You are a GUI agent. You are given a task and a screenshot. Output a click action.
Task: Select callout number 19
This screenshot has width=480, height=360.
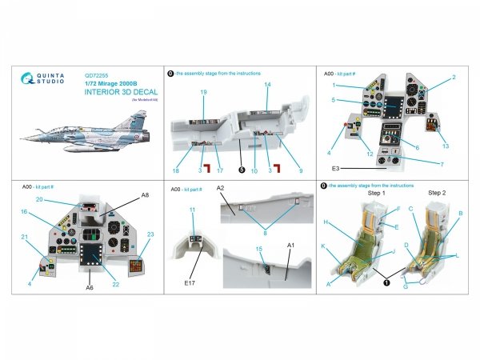(x=204, y=93)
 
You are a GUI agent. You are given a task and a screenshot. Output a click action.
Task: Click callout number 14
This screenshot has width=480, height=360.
(x=268, y=84)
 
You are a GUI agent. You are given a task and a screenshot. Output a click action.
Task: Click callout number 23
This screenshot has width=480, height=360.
(x=150, y=234)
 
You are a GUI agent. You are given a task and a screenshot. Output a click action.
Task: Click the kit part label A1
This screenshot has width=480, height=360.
(x=290, y=244)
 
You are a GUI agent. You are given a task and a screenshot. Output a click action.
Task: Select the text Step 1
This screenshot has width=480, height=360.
(x=376, y=194)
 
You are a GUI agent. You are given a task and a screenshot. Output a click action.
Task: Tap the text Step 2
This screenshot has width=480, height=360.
(x=438, y=194)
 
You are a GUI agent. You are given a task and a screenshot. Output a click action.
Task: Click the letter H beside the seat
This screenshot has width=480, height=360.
(x=326, y=221)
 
